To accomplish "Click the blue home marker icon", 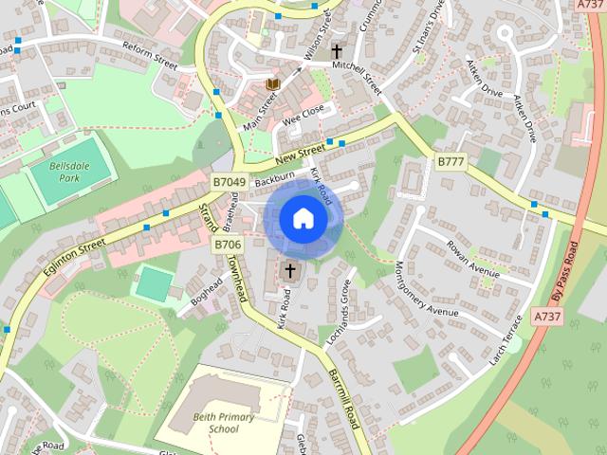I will coord(303,219).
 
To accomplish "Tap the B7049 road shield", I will coord(229,181).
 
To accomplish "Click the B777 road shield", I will coord(451,162).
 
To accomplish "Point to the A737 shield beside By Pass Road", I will coord(547,316).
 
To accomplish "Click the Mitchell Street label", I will coord(356,77).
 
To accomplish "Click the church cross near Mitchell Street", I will coord(337,51).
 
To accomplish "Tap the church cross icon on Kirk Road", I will coord(290,272).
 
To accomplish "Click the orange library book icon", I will coord(273,86).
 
